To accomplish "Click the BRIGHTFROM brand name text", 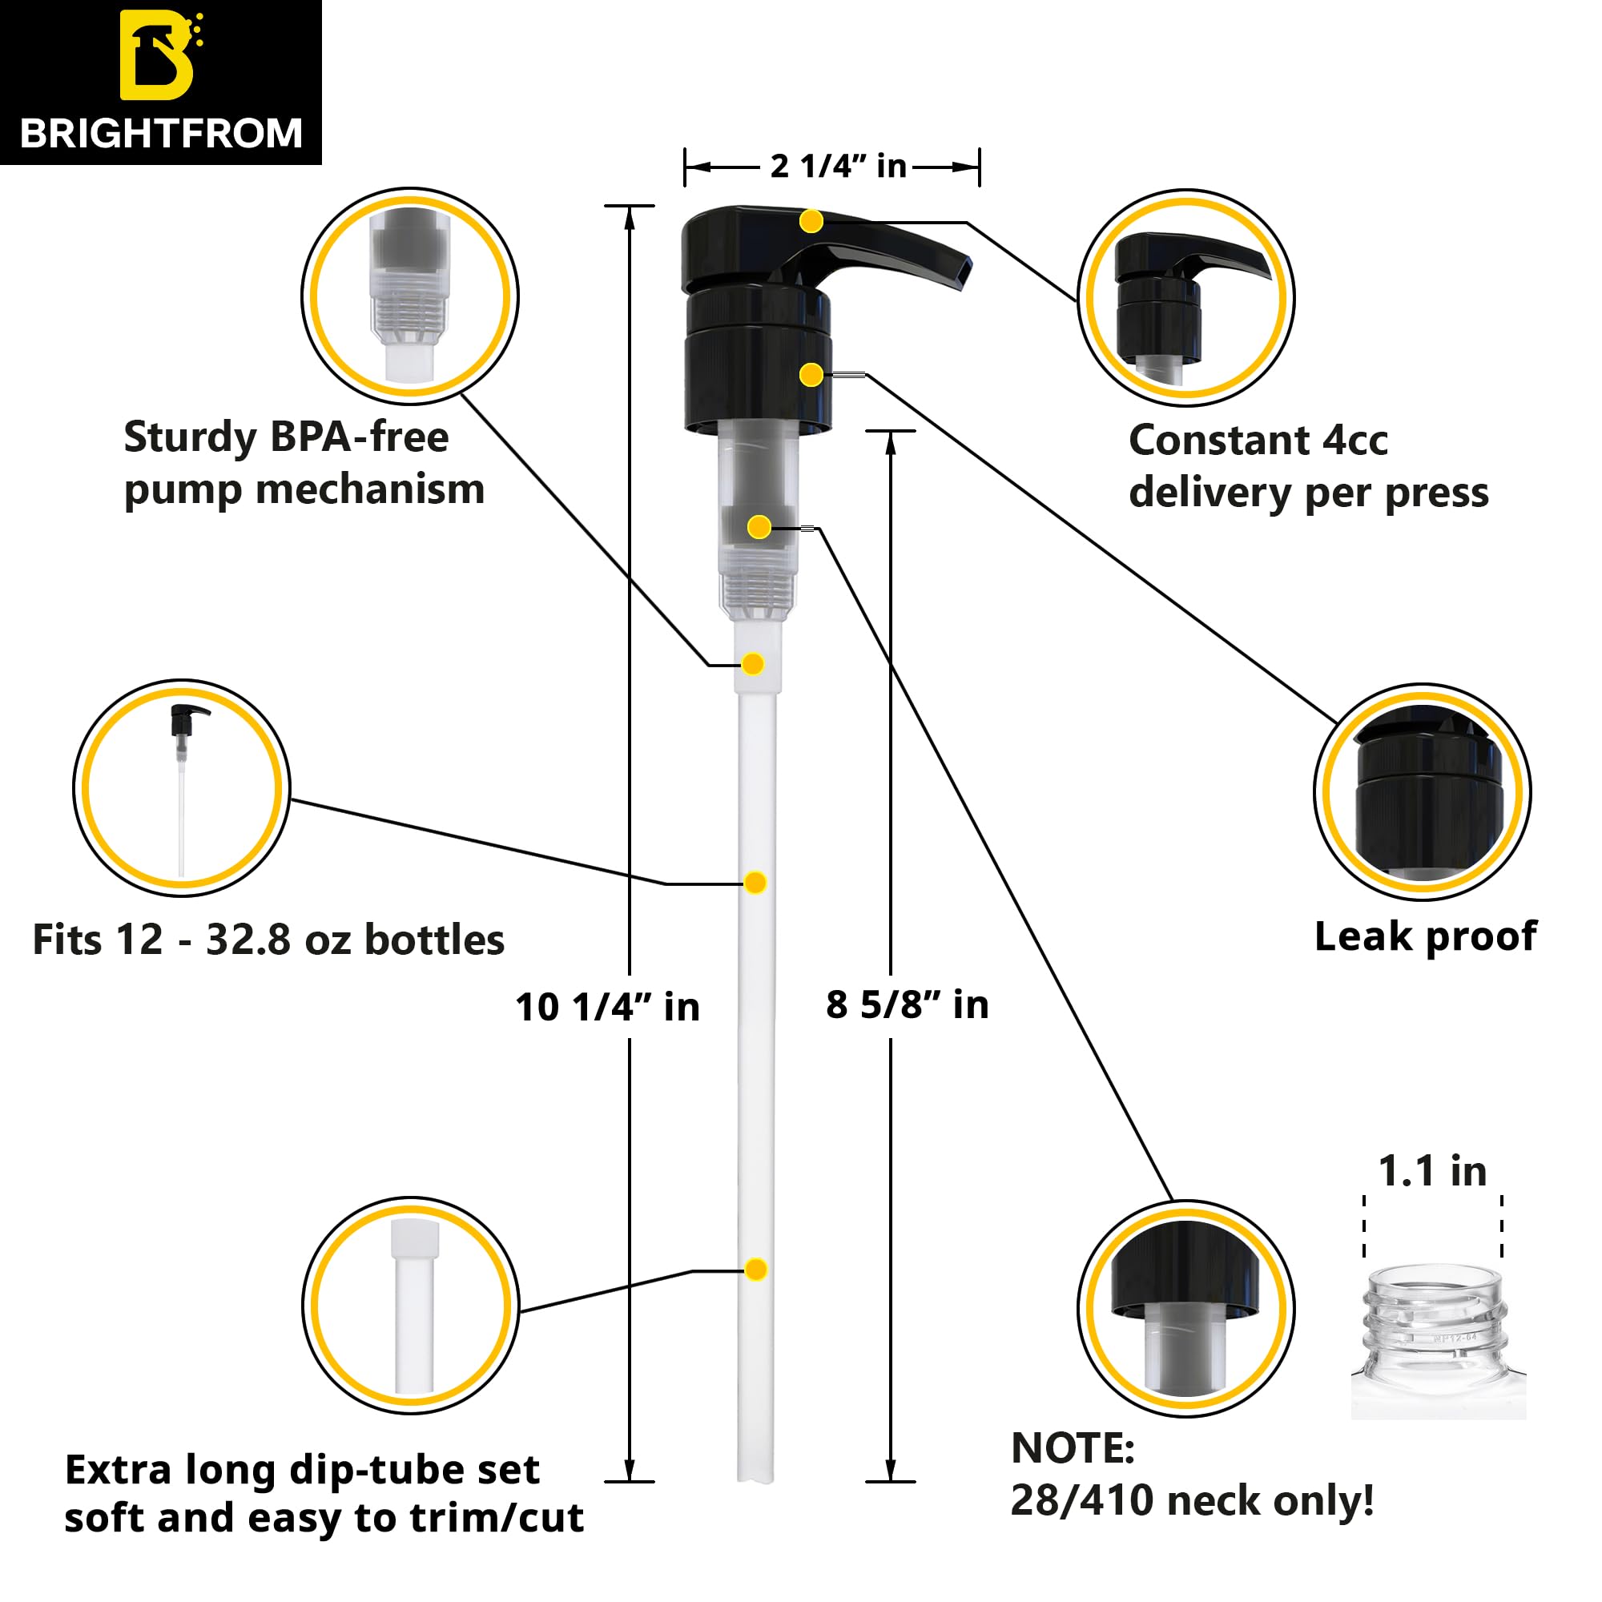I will [161, 135].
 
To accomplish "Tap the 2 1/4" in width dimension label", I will [838, 167].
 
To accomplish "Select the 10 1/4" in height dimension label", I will [607, 1008].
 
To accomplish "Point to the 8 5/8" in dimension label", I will [908, 1005].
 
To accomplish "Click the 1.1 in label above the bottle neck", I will [1432, 1172].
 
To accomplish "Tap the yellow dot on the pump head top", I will [811, 221].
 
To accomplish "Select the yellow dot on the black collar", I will [811, 376].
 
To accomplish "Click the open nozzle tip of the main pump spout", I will [962, 272].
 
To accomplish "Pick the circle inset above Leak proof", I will [1422, 792].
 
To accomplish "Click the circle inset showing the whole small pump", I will [182, 787].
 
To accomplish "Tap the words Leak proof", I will [1426, 937].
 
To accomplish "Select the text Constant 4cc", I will [1258, 441].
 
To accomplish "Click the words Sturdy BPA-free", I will [286, 437].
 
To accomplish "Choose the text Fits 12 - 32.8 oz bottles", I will [268, 940].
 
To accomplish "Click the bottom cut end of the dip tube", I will [755, 1479].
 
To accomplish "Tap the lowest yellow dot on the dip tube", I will [755, 1270].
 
